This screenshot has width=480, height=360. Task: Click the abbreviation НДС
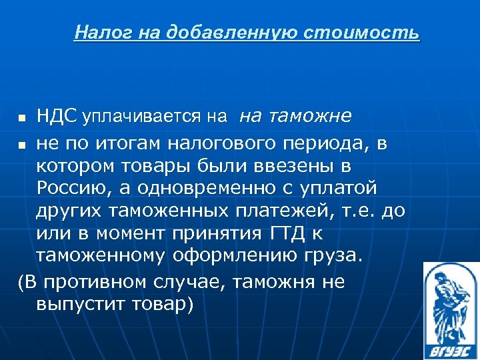click(x=56, y=117)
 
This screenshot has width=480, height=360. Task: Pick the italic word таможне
click(x=306, y=117)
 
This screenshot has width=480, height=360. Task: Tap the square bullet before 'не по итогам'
click(x=23, y=143)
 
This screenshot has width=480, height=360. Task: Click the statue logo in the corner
click(x=451, y=309)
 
